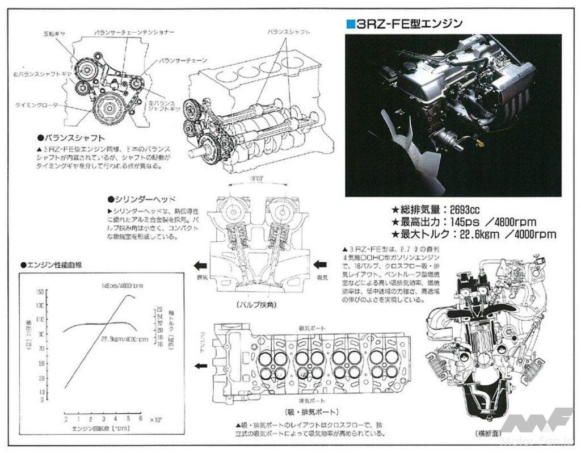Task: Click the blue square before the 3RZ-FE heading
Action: [x=351, y=23]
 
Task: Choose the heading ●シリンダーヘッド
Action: [x=141, y=200]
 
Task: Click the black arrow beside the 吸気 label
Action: [x=320, y=264]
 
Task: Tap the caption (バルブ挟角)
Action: [x=255, y=305]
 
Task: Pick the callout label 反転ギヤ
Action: [x=54, y=34]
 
